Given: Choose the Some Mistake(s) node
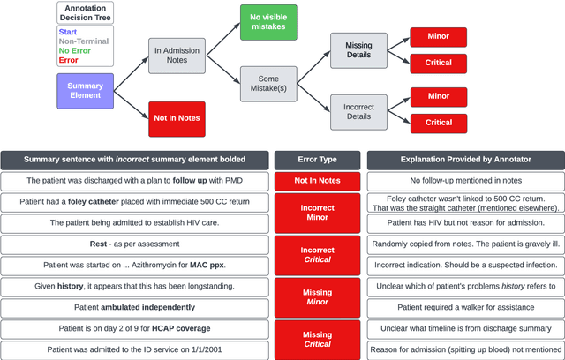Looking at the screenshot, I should click(268, 85).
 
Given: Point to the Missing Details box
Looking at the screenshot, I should click(358, 51).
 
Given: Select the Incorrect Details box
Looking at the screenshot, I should click(358, 112).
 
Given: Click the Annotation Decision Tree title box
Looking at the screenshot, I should click(85, 13).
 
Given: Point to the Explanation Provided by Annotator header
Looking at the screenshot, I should click(464, 160).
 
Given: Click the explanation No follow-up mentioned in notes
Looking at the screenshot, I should click(464, 180).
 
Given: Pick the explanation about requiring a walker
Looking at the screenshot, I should click(464, 307).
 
